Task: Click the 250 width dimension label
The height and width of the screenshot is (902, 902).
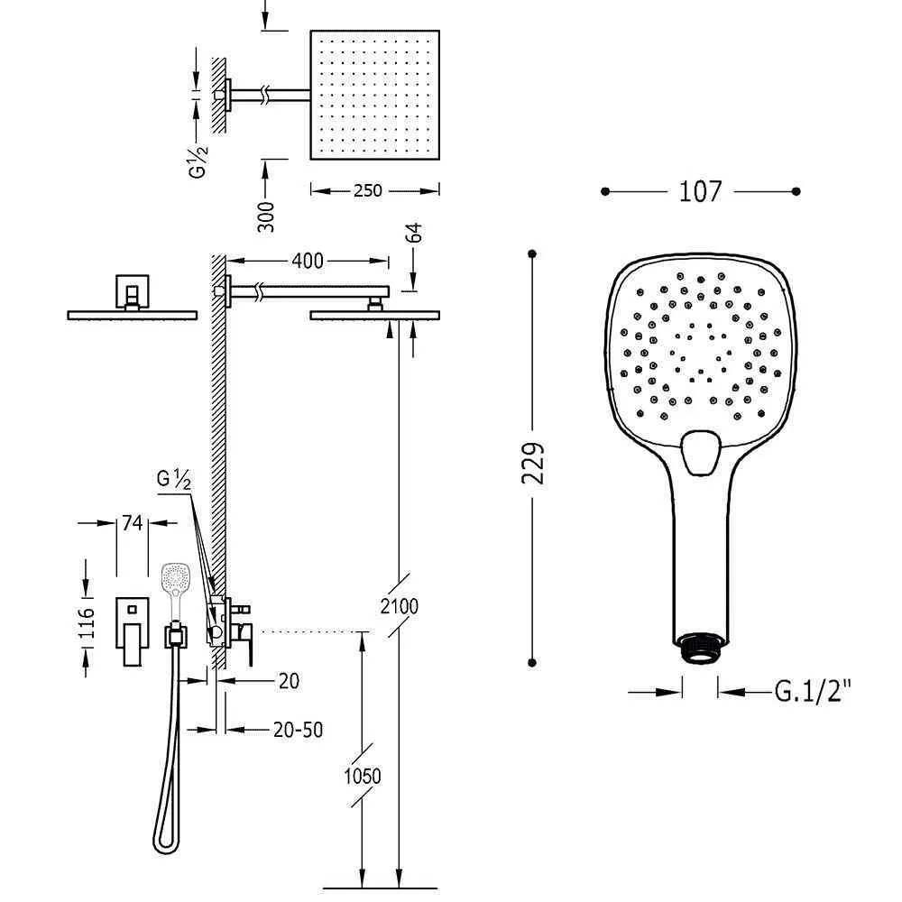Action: pos(368,189)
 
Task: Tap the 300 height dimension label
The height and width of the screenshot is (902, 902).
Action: pos(266,216)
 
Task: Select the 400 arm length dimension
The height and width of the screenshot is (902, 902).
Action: pos(308,261)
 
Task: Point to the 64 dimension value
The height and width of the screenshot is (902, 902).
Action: pos(413,233)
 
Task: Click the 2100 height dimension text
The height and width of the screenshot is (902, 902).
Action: pos(400,606)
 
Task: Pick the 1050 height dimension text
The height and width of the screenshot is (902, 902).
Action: pos(363,776)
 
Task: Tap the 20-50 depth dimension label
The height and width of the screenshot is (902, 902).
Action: pos(298,730)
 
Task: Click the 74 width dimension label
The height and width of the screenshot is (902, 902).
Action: pos(133,522)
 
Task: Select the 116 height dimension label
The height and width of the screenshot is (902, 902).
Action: pos(86,621)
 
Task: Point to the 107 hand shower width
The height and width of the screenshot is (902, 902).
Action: pos(700,191)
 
